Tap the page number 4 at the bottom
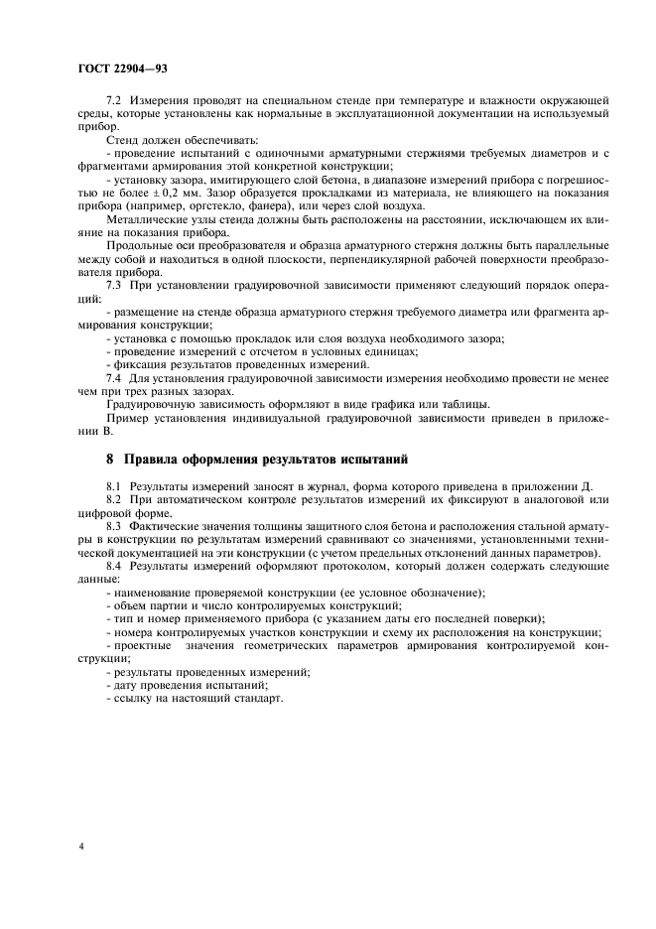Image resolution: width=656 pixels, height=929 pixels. pos(81,849)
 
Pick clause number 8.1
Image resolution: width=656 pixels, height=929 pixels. pos(114,486)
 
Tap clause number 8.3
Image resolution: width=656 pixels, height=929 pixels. pos(114,525)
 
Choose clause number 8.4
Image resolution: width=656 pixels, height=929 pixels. pos(114,564)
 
